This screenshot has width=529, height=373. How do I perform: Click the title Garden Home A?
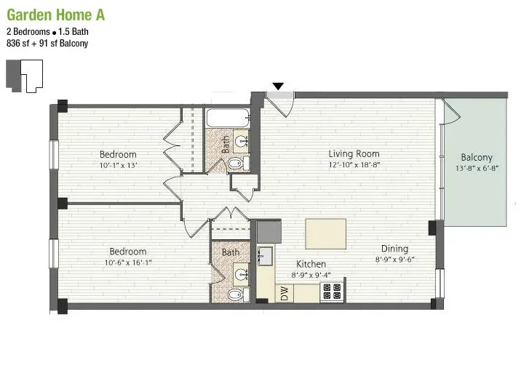coord(50,15)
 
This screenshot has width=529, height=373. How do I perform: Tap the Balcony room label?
coord(477,158)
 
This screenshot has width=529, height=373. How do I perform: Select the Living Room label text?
coord(354,153)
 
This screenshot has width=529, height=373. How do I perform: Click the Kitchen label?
coord(311,264)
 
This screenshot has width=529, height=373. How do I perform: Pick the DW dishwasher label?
coord(285,293)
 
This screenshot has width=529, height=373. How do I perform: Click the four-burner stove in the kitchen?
coord(332,292)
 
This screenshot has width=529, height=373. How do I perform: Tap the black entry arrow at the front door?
coord(278,87)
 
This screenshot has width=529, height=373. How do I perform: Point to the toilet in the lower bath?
coord(234,294)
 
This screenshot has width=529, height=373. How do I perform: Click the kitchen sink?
coord(265,256)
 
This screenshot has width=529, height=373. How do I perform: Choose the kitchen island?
coord(325,234)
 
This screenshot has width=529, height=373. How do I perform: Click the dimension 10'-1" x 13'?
coord(118,165)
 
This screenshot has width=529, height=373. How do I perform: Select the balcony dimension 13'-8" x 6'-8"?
coord(477,169)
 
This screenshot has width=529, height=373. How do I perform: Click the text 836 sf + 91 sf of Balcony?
coord(47,43)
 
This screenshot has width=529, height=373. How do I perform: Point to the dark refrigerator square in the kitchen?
coord(268,232)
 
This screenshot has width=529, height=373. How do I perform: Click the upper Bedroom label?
coord(118,154)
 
